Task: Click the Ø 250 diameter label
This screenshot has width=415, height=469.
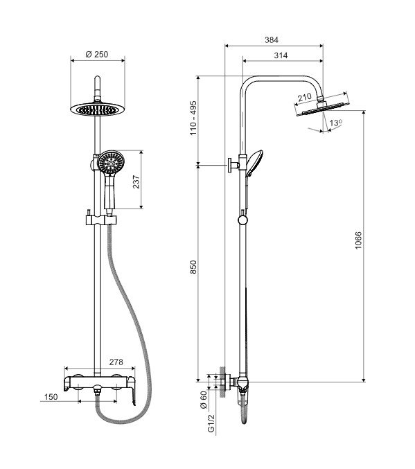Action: pyautogui.click(x=96, y=55)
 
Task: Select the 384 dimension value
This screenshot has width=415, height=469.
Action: pyautogui.click(x=272, y=39)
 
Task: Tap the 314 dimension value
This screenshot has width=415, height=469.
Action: pyautogui.click(x=281, y=55)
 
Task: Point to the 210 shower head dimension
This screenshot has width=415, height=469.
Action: pyautogui.click(x=305, y=98)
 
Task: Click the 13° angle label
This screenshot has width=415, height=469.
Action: pyautogui.click(x=336, y=123)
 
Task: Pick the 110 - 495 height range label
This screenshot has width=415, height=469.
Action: pyautogui.click(x=193, y=118)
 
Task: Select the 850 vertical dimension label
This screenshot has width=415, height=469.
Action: pyautogui.click(x=193, y=267)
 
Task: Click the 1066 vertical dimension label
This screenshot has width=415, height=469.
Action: pyautogui.click(x=358, y=240)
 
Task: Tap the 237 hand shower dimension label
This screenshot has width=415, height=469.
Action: pyautogui.click(x=136, y=182)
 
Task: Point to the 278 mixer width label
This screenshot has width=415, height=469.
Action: pyautogui.click(x=116, y=362)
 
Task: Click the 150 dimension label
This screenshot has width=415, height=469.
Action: pyautogui.click(x=51, y=397)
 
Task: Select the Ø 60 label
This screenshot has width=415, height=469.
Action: pyautogui.click(x=204, y=400)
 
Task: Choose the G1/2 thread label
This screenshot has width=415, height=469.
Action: pyautogui.click(x=211, y=423)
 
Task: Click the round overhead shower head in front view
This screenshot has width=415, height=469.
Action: pyautogui.click(x=97, y=109)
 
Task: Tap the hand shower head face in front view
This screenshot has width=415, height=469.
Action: pyautogui.click(x=111, y=162)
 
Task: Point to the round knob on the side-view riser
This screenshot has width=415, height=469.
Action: pyautogui.click(x=242, y=220)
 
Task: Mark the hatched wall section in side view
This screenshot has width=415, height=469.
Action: pyautogui.click(x=222, y=382)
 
